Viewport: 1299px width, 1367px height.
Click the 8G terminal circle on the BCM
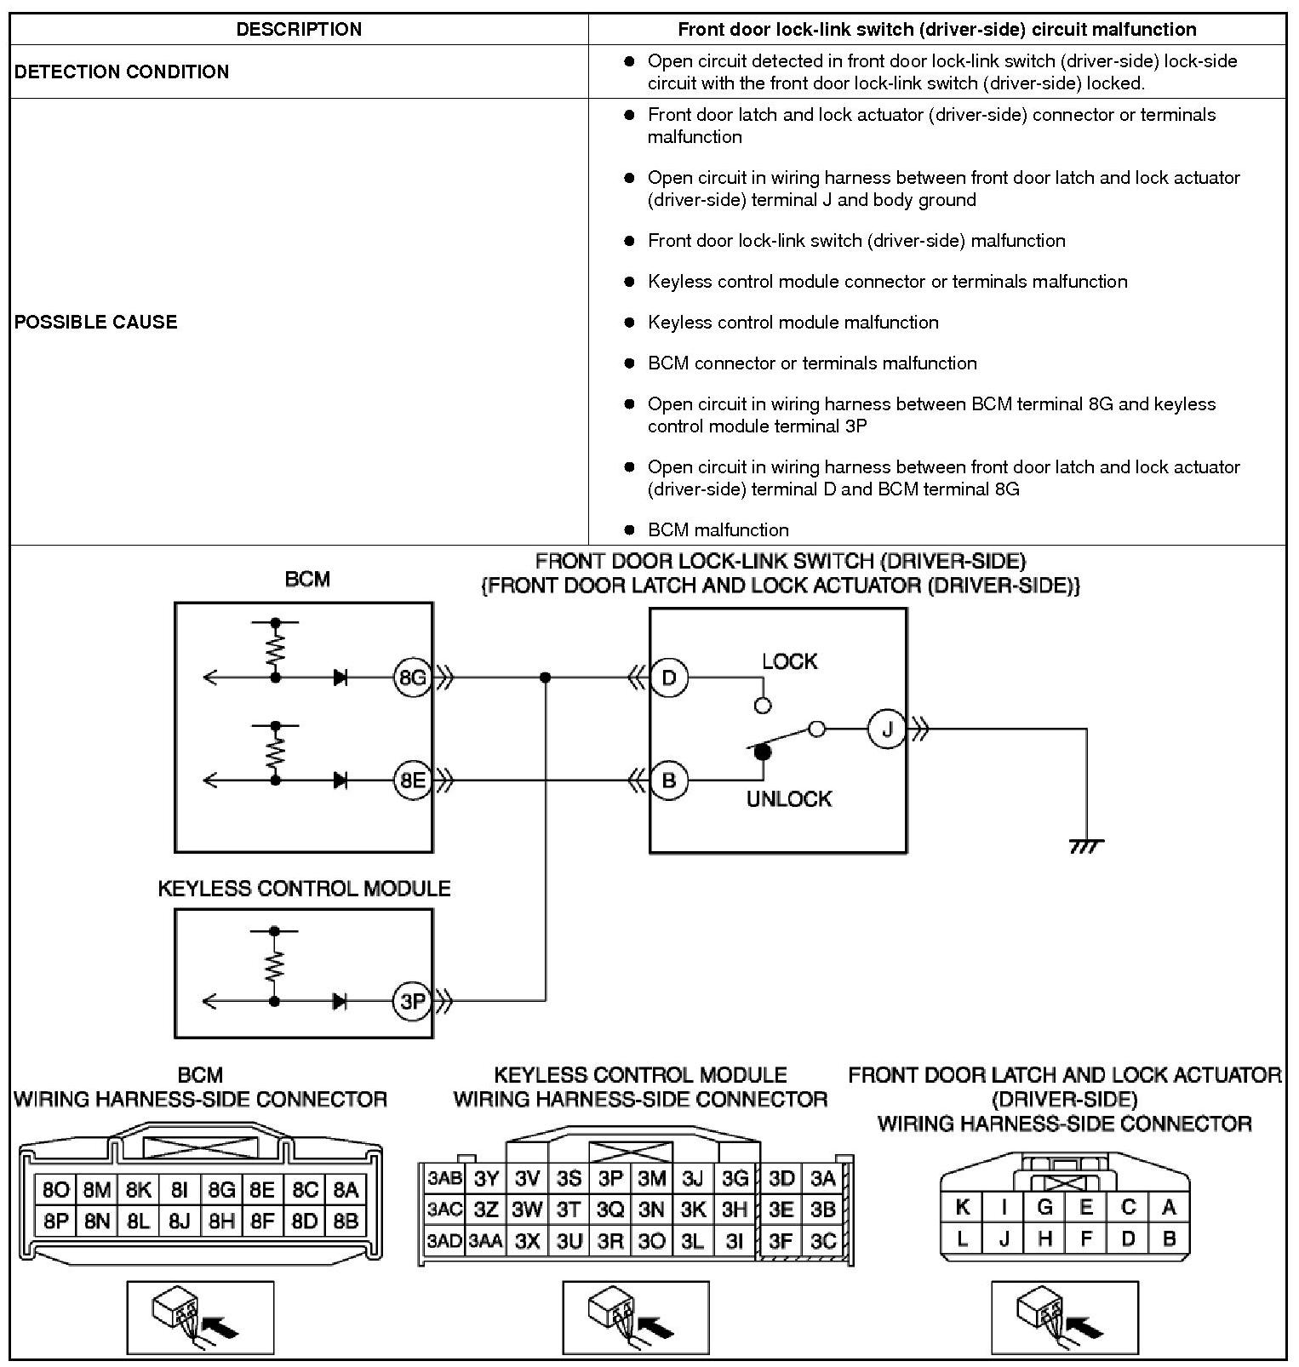tap(412, 678)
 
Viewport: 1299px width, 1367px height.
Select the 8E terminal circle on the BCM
tap(412, 781)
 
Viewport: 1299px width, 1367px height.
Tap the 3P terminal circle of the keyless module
tap(412, 1002)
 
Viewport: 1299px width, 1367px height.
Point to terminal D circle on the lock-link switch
tap(669, 678)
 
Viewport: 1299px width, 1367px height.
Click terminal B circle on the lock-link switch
tap(669, 781)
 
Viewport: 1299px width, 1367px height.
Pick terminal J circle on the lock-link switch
tap(887, 729)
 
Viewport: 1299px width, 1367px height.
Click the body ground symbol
tap(1086, 845)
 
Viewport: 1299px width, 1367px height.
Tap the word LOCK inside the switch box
tap(789, 661)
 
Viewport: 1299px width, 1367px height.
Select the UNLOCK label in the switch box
tap(788, 799)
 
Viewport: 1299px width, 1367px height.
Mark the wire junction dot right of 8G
tap(546, 678)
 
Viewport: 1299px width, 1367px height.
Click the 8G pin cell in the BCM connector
tap(221, 1190)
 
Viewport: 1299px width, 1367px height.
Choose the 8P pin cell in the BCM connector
tap(55, 1221)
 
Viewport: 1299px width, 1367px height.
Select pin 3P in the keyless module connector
tap(610, 1179)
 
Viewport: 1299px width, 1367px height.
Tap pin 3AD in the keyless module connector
tap(444, 1241)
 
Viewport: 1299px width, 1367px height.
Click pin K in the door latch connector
tap(963, 1207)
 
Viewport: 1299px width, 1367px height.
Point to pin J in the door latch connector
tap(1004, 1238)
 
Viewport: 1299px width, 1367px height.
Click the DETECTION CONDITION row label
tap(122, 71)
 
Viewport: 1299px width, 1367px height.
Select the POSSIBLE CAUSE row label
tap(96, 322)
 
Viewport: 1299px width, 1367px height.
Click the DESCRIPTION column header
tap(299, 29)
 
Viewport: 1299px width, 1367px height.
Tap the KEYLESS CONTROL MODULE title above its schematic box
tap(304, 889)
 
